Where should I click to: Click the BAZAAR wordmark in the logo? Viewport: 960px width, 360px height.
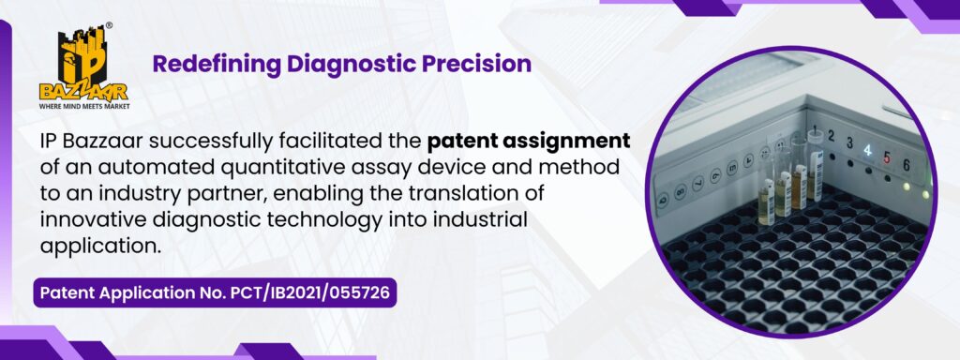tap(83, 93)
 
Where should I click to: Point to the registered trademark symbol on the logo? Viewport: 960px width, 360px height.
tap(109, 25)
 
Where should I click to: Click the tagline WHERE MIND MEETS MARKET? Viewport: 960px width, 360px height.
tap(84, 106)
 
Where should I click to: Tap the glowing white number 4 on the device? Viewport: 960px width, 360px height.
tap(867, 151)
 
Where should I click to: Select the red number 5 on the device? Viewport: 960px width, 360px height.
tap(887, 157)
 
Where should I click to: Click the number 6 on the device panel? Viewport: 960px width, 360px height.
tap(907, 165)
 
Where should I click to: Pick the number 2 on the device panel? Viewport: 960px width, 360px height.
tap(832, 136)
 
